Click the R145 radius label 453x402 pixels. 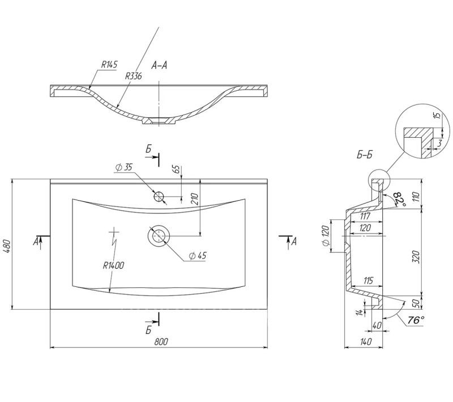[x=109, y=65]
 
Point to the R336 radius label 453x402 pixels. [x=134, y=75]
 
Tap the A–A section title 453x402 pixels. [x=159, y=66]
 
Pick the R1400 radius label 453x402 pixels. [x=113, y=265]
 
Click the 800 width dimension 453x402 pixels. [x=161, y=341]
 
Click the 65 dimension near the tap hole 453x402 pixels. [x=177, y=169]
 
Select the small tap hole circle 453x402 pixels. [x=159, y=197]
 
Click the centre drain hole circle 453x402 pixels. [x=158, y=235]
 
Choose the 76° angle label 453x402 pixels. [x=415, y=321]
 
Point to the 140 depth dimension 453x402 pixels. [x=366, y=341]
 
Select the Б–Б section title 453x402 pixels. [x=364, y=154]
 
